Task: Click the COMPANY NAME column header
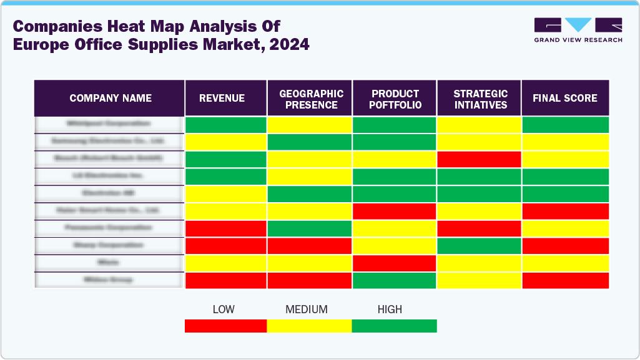[110, 98]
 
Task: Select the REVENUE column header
[222, 98]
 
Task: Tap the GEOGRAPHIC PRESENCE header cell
[311, 99]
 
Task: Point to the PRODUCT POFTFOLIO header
[395, 99]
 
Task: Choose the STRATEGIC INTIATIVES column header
[480, 99]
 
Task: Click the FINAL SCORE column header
[564, 98]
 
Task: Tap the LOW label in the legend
[224, 309]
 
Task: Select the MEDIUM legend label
[306, 309]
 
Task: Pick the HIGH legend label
[390, 309]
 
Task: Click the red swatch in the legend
[225, 326]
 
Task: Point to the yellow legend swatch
[309, 326]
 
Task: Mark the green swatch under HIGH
[394, 326]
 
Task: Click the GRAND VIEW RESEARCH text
[578, 40]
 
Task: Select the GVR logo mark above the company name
[578, 25]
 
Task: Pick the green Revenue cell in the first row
[226, 125]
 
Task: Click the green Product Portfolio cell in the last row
[395, 281]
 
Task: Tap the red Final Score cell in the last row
[565, 281]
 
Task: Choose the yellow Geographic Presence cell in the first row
[310, 125]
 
